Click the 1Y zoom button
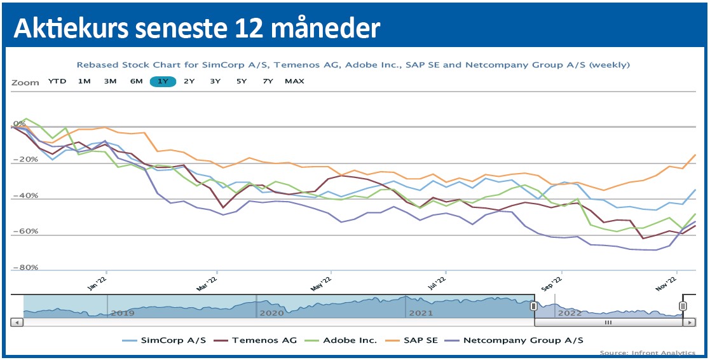163,81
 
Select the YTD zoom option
57,81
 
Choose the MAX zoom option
294,81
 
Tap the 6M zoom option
136,81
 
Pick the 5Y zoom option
242,81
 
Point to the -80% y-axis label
25,268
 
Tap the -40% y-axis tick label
25,196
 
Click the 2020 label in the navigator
270,313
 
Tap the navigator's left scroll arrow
18,322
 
